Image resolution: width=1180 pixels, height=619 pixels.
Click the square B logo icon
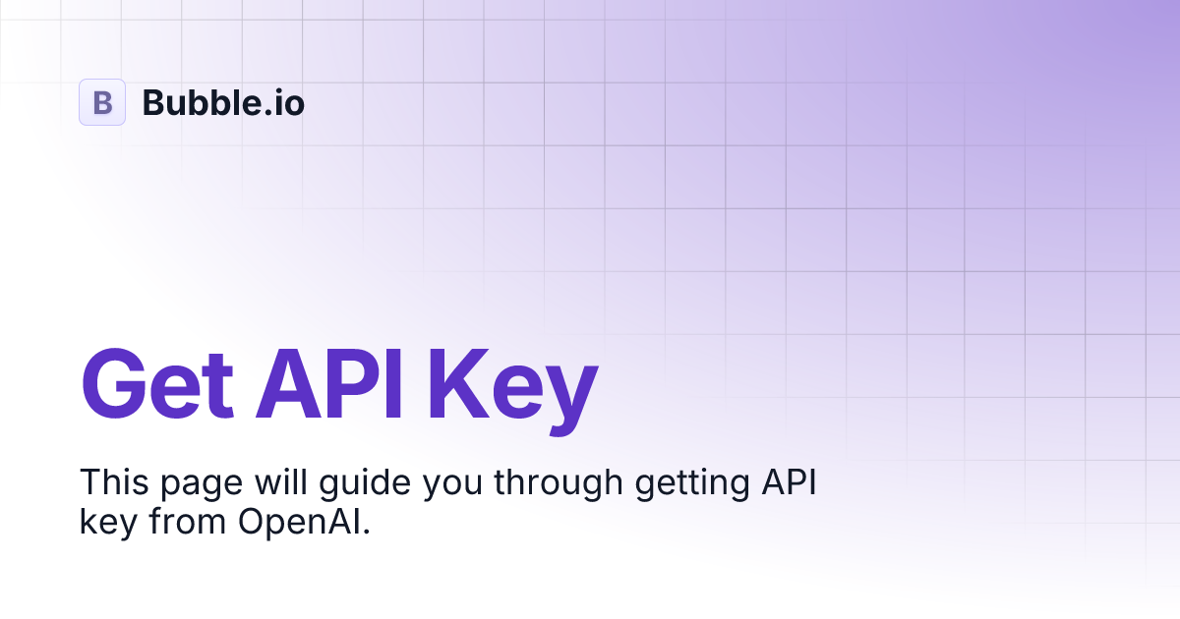102,102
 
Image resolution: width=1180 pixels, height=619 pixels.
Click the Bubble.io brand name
223,102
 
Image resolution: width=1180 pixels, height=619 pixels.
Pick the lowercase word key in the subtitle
106,524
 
